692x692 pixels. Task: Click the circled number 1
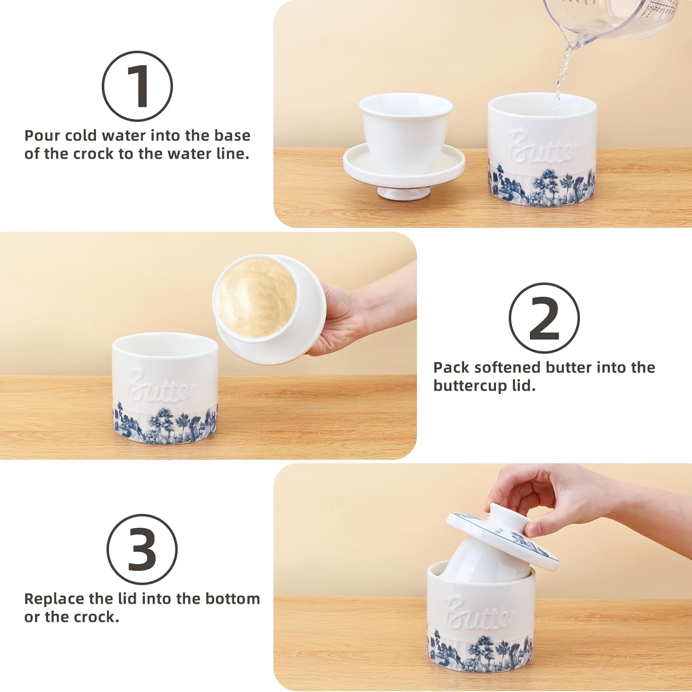tap(137, 86)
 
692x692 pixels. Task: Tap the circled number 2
tap(544, 318)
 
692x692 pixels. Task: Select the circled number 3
tap(142, 549)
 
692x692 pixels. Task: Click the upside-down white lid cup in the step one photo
tap(403, 145)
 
